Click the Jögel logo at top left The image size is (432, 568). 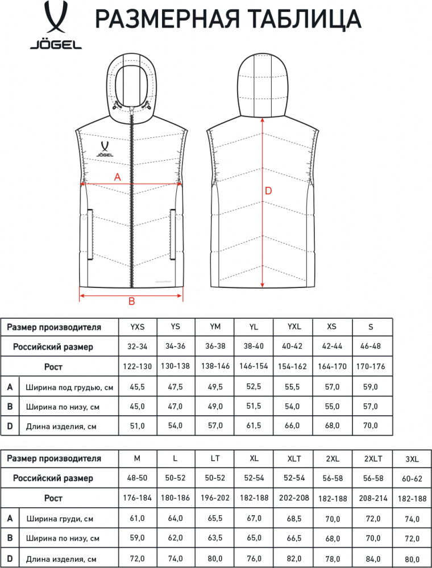pos(56,25)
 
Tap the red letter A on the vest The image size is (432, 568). pos(118,177)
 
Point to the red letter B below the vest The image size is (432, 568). pos(131,301)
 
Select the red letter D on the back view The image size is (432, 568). pos(268,191)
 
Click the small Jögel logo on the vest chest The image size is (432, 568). pos(105,149)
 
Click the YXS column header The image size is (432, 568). pos(138,327)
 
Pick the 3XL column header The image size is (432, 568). pos(412,460)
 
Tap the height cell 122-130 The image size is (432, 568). pos(138,366)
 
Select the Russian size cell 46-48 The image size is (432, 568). pos(371,346)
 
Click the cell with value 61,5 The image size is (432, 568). pos(254,425)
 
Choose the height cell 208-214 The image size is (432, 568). pos(373,499)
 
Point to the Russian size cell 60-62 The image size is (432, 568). pos(412,479)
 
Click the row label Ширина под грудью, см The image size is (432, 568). pos(69,387)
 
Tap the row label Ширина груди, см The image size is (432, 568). pos(60,519)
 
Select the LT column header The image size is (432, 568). pos(215,458)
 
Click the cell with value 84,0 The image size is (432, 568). pos(373,559)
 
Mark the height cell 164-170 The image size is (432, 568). pos(332,366)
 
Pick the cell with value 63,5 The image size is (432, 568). pos(215,538)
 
